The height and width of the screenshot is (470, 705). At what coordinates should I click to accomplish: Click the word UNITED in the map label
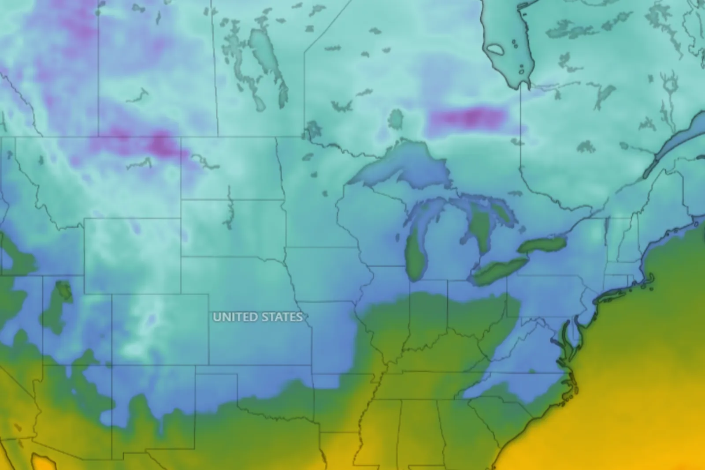(x=235, y=317)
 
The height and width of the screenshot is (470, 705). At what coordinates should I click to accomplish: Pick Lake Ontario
(x=542, y=245)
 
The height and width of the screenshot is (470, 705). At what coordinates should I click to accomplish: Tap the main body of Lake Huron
(x=480, y=225)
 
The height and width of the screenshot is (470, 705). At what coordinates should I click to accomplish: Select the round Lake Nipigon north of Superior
(x=395, y=119)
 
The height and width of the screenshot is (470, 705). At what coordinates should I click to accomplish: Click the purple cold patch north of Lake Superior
(x=467, y=117)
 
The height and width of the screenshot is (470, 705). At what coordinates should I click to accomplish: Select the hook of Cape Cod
(x=650, y=279)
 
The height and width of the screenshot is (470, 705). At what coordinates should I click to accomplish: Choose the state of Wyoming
(x=132, y=256)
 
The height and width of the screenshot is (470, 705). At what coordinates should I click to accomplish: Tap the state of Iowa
(x=326, y=273)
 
